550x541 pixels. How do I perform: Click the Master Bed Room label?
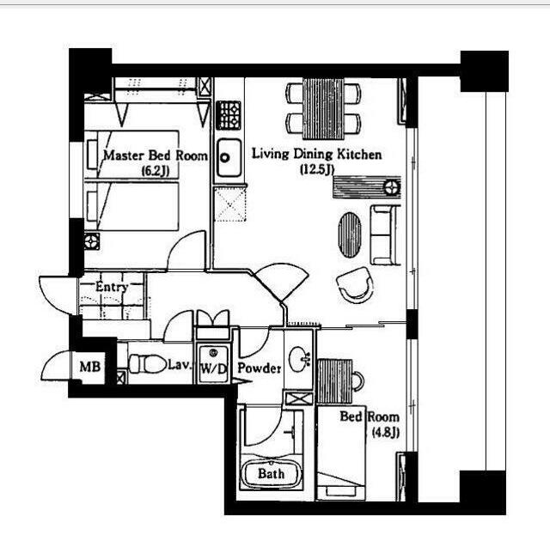(x=156, y=155)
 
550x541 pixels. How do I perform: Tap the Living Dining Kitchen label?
(x=317, y=155)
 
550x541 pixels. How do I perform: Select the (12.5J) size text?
(x=317, y=170)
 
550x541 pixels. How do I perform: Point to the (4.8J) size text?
(x=386, y=433)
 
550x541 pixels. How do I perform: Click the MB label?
(x=90, y=367)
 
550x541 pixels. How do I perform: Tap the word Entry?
(x=112, y=287)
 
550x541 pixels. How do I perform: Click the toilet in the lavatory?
(x=147, y=364)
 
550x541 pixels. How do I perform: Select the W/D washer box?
(x=213, y=364)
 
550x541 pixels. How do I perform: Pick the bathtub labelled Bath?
(x=272, y=474)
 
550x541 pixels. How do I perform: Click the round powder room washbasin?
(x=299, y=359)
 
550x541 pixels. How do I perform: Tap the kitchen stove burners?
(x=229, y=115)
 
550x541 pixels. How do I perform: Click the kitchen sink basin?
(x=229, y=157)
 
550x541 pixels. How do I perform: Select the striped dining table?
(x=323, y=109)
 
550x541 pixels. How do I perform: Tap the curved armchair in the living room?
(x=356, y=284)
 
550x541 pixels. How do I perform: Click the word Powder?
(x=260, y=368)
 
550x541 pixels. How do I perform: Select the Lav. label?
(x=180, y=365)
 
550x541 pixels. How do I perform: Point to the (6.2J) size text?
(x=156, y=171)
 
